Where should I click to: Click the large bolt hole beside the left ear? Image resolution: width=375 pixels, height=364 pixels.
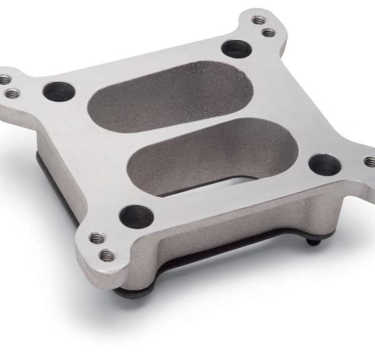tap(59, 91)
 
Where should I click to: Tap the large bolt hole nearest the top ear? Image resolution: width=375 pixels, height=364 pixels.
tap(236, 48)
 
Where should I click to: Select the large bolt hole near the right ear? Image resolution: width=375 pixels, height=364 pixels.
tap(325, 164)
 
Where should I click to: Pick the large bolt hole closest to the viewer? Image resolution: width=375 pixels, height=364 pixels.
tap(136, 216)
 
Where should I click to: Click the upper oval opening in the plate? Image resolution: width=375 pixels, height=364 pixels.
tap(171, 94)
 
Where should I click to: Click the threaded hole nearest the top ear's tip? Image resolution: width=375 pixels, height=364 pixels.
tap(257, 21)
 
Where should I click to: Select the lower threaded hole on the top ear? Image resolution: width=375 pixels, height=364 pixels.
tap(268, 32)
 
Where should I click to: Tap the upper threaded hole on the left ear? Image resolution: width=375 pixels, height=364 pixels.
tap(6, 80)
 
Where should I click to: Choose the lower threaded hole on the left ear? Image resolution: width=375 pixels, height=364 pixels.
tap(12, 93)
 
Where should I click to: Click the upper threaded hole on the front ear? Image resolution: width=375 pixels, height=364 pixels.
tap(95, 239)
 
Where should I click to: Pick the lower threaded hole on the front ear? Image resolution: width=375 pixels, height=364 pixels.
tap(106, 255)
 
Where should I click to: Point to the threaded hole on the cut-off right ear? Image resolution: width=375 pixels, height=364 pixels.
tap(370, 162)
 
